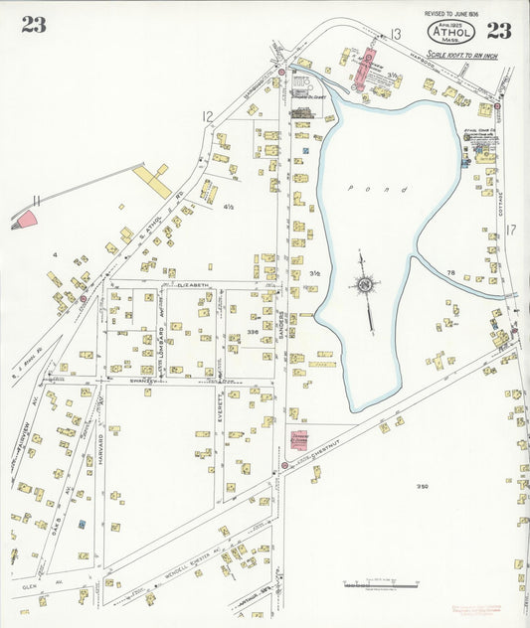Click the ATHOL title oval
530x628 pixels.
pos(451,33)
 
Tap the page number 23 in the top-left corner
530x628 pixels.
pos(33,26)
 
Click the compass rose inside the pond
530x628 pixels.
pos(365,286)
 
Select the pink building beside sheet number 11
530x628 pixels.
pos(26,219)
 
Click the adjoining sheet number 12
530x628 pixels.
pos(207,117)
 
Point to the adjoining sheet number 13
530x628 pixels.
pos(395,36)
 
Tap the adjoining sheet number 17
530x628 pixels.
pos(511,231)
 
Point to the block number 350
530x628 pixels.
pos(422,486)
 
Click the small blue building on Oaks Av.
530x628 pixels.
pos(82,523)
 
